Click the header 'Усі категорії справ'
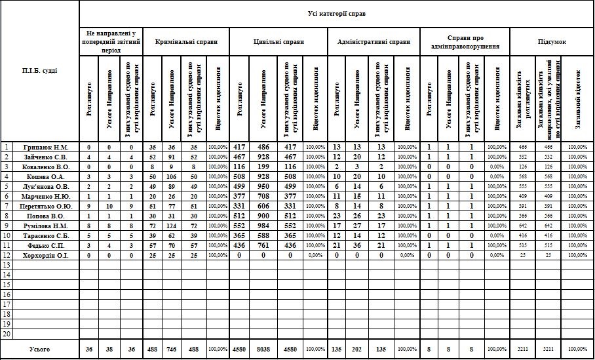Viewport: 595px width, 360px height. (x=336, y=13)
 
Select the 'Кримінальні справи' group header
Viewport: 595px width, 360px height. (x=186, y=41)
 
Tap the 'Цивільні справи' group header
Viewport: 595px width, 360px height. (x=278, y=41)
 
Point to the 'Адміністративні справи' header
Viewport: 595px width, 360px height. (x=373, y=41)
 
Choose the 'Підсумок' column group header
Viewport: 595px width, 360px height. (x=552, y=41)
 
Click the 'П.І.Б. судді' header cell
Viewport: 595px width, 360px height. (x=39, y=71)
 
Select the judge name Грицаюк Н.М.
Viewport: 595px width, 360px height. (x=46, y=147)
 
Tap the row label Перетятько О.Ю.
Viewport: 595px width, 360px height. (x=46, y=206)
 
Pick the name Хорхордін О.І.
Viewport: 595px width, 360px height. (x=46, y=255)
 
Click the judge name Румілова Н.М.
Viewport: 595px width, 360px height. (x=46, y=226)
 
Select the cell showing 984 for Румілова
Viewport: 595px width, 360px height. (x=263, y=226)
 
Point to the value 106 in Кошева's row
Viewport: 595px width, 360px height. (x=173, y=176)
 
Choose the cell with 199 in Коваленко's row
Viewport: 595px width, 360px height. (x=263, y=167)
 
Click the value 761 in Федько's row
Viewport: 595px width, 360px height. (x=263, y=245)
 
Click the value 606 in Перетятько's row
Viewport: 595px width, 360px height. (x=263, y=206)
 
